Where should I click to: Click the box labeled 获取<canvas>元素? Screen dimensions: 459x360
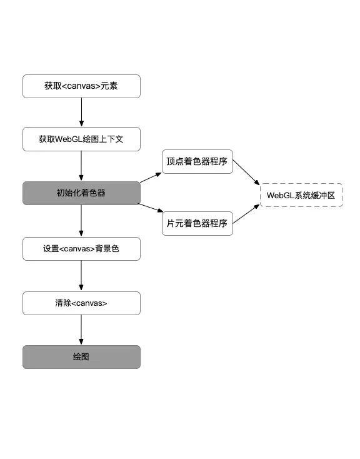pos(81,86)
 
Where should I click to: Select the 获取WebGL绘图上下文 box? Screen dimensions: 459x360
pos(81,139)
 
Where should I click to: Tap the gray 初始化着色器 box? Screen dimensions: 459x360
pos(81,193)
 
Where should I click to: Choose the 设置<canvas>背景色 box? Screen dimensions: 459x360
pos(81,248)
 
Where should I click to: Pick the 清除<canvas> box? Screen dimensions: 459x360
pos(81,303)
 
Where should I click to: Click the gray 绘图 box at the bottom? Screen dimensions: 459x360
pos(81,357)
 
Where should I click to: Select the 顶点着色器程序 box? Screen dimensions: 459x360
pos(197,161)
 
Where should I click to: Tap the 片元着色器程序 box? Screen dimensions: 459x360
pos(197,223)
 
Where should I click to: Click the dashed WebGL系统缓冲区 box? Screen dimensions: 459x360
pos(301,195)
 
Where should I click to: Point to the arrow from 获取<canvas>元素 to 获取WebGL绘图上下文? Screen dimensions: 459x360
pos(81,113)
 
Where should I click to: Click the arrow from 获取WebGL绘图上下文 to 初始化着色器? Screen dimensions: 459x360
pos(81,166)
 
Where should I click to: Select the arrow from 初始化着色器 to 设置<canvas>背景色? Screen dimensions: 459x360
pos(81,221)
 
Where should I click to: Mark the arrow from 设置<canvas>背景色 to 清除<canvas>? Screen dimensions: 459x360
pos(81,275)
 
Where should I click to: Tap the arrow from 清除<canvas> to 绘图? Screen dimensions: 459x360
pos(81,330)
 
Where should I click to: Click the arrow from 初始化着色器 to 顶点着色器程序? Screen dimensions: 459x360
pos(151,177)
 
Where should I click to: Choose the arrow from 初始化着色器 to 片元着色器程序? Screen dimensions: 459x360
pos(151,208)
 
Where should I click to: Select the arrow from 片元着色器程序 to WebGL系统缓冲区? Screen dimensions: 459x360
pos(246,213)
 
